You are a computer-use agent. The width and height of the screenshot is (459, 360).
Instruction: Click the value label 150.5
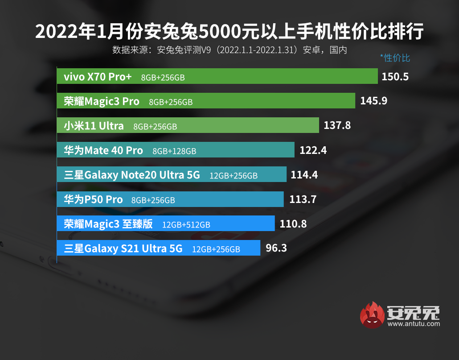[395, 77]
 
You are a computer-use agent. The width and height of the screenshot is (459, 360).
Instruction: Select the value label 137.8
[337, 125]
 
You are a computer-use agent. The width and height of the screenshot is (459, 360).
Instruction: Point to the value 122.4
[313, 150]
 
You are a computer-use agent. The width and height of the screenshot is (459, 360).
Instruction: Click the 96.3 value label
[276, 248]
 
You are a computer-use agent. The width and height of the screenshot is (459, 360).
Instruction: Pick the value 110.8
[293, 223]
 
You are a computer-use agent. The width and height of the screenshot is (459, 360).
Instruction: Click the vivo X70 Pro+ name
[98, 77]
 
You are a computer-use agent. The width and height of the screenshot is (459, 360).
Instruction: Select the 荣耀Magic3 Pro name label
[102, 101]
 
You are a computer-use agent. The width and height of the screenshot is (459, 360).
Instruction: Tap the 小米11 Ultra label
[94, 126]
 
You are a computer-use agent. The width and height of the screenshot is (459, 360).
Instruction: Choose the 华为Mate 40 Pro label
[103, 150]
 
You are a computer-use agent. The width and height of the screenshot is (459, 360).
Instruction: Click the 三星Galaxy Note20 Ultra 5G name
[132, 175]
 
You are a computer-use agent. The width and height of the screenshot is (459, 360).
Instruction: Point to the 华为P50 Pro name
[93, 199]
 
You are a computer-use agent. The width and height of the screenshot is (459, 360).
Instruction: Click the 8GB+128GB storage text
[174, 151]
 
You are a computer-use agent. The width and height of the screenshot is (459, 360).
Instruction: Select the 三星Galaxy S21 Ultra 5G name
[123, 248]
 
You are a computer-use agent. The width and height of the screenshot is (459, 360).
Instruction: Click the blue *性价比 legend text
[395, 58]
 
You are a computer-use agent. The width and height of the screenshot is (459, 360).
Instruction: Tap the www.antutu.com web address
[414, 324]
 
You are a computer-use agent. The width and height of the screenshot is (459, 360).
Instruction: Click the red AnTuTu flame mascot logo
[373, 315]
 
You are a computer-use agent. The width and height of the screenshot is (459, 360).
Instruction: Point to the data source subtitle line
[229, 50]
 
